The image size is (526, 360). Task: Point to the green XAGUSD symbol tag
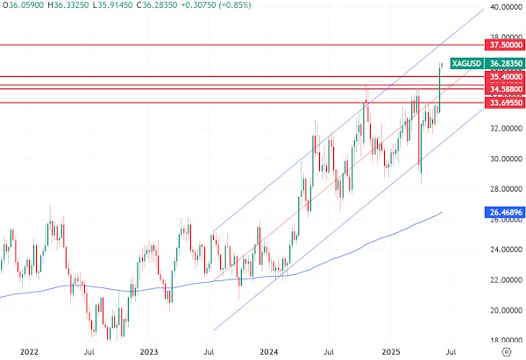click(465, 63)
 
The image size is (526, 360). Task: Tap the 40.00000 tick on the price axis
click(503, 7)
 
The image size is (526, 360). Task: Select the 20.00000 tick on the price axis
click(503, 310)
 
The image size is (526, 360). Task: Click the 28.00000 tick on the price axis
click(503, 189)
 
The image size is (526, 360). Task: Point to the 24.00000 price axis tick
click(503, 250)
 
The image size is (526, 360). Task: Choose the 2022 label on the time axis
click(28, 350)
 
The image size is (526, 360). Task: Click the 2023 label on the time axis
click(149, 350)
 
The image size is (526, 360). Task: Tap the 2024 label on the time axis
click(268, 350)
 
